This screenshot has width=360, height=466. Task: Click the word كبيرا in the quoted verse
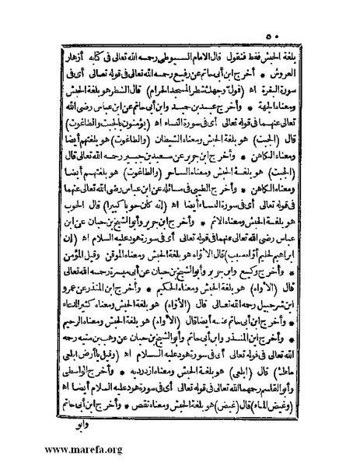tap(119, 217)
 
